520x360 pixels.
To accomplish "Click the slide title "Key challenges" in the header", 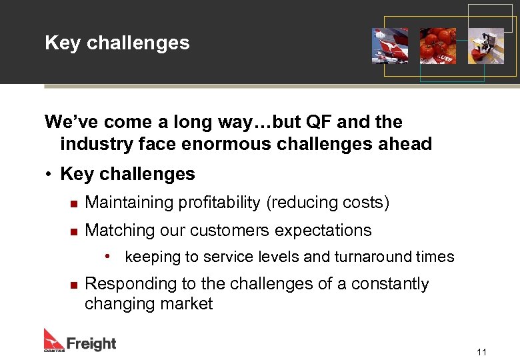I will tap(117, 43).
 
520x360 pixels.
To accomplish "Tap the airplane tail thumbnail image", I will tap(390, 45).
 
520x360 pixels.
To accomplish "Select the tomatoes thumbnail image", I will tap(438, 45).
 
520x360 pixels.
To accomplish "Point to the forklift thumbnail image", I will tap(485, 45).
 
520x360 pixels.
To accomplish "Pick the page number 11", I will tap(481, 352).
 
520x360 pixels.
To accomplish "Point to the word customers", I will tap(229, 231).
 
